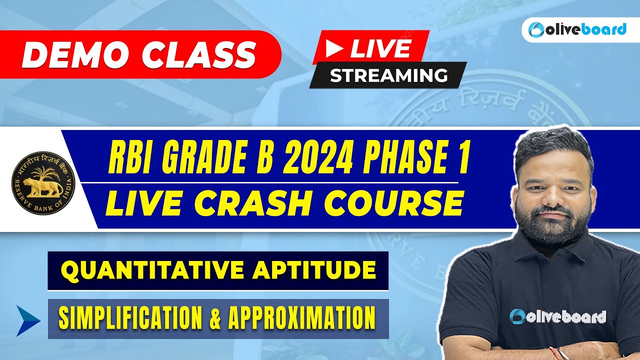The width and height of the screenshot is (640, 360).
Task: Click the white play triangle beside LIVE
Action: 335,49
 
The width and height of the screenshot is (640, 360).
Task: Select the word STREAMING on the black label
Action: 388,75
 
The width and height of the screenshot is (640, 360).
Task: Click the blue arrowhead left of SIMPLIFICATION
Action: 27,320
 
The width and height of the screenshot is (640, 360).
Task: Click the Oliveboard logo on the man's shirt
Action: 557,316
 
